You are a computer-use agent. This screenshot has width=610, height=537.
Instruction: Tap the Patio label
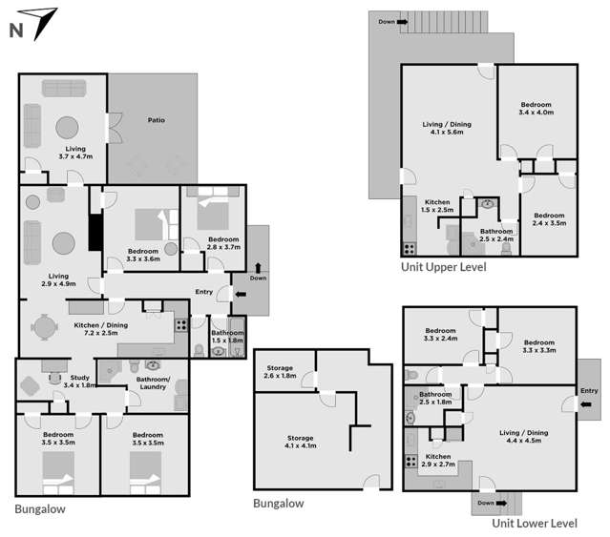(157, 121)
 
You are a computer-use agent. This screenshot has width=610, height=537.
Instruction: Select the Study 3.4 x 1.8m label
(80, 382)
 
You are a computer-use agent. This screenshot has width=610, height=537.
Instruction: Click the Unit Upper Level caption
(443, 267)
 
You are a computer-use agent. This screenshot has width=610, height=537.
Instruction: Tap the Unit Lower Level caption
(535, 523)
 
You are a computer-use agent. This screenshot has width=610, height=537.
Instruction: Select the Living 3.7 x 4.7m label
(76, 153)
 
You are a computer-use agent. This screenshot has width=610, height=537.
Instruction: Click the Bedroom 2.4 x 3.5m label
(551, 218)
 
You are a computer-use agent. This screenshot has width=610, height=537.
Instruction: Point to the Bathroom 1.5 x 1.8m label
(227, 336)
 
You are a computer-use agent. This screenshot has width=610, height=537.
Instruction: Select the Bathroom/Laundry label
(154, 382)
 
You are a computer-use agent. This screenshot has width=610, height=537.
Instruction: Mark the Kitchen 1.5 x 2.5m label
(437, 206)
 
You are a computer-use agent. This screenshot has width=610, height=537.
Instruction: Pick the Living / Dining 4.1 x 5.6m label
(447, 129)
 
